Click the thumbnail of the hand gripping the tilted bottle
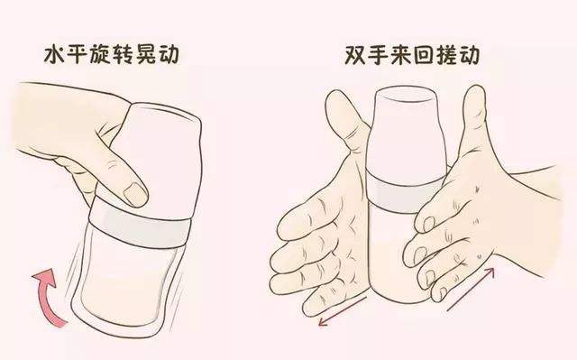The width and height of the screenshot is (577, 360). click(x=136, y=192)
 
